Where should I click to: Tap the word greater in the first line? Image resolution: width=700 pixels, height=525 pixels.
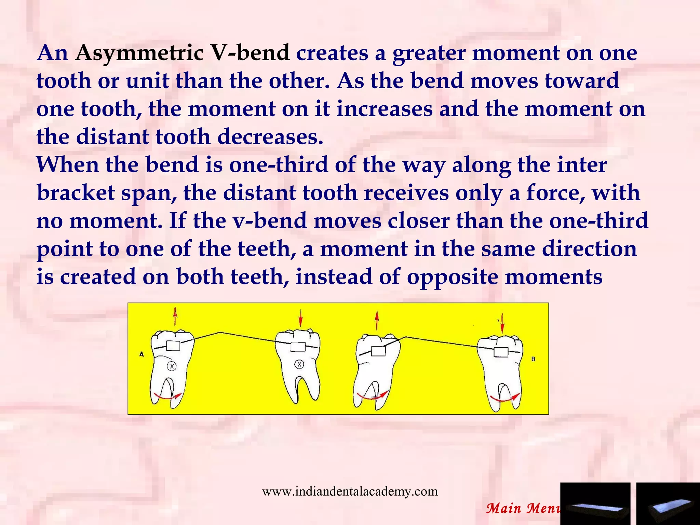tap(429, 53)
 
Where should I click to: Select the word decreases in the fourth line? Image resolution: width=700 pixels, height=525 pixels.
tap(270, 137)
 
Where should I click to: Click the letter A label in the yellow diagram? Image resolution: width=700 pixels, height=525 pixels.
tap(142, 354)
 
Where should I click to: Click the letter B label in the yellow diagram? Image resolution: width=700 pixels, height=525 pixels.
tap(533, 359)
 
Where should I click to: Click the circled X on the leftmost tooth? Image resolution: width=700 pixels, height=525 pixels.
tap(172, 366)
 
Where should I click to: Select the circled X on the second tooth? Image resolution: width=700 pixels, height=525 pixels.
tap(299, 365)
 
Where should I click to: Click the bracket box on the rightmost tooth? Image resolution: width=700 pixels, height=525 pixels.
tap(501, 352)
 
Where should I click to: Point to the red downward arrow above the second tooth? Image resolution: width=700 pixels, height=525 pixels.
tap(300, 318)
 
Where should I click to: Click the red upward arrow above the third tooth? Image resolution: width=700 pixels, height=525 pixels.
tap(377, 320)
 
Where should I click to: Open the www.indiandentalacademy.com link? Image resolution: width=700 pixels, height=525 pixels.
tap(350, 492)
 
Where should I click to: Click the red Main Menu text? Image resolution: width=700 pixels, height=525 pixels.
tap(523, 508)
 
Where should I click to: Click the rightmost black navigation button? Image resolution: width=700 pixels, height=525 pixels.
tap(668, 504)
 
